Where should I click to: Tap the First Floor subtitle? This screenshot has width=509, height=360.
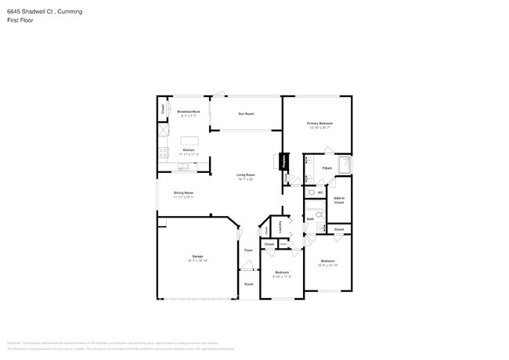click(x=21, y=20)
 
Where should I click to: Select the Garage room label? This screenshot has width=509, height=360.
click(x=197, y=257)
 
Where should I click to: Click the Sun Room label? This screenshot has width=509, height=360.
click(x=246, y=114)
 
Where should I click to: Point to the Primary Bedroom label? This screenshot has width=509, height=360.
click(x=319, y=124)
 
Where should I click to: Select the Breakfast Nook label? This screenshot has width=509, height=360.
click(x=189, y=113)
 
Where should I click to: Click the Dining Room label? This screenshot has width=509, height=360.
click(x=183, y=193)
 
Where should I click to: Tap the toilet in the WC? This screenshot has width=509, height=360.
click(x=310, y=192)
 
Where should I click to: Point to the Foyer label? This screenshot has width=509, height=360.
click(x=247, y=250)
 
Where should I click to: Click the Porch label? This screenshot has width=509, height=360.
click(x=248, y=284)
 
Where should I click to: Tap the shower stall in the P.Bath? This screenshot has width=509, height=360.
click(x=344, y=165)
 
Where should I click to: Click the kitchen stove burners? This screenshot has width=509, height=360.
click(x=164, y=151)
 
